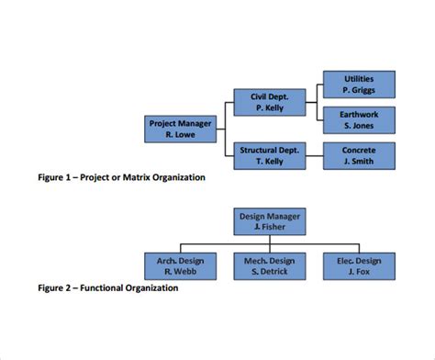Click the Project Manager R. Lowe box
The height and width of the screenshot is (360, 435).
(181, 129)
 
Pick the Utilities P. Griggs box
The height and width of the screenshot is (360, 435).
(359, 84)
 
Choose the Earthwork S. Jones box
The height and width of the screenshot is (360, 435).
(359, 119)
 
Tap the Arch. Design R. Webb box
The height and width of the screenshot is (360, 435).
(180, 266)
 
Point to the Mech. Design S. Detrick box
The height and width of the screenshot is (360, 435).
(269, 266)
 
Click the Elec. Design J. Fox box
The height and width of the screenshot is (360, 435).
(358, 266)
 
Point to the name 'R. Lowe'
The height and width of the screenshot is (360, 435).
(181, 134)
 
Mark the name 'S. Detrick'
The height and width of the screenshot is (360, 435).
(269, 272)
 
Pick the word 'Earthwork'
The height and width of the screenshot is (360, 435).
(359, 114)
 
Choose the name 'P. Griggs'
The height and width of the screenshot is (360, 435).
(359, 90)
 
